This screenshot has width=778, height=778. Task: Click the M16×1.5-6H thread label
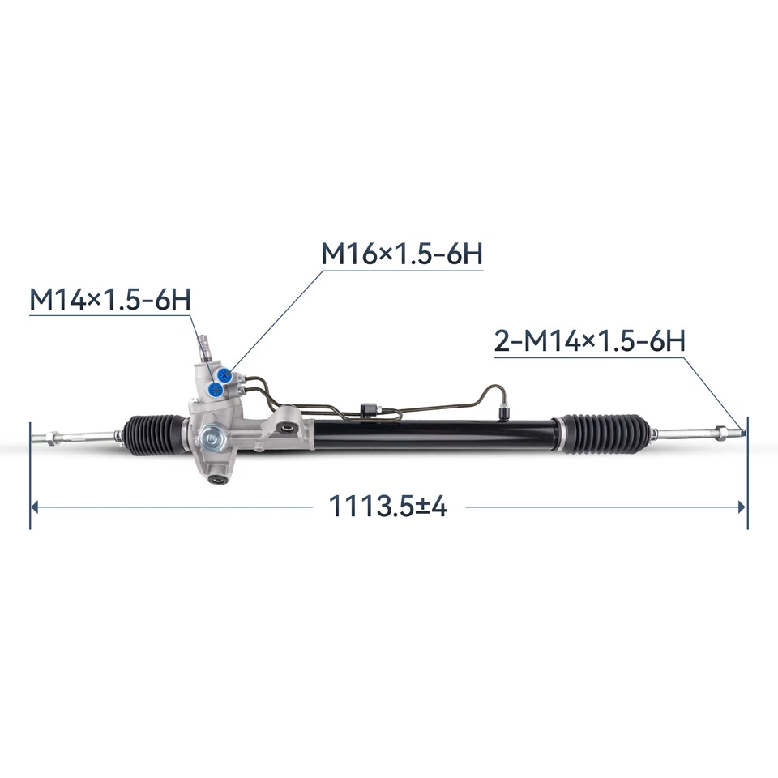coord(402,254)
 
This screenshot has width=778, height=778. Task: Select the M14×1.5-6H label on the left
coord(110,299)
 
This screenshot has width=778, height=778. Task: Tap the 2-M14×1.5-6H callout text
coord(590,341)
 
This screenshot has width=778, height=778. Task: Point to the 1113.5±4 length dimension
coord(387,507)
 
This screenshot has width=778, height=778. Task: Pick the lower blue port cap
coord(214,389)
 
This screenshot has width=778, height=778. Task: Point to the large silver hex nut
coord(216,437)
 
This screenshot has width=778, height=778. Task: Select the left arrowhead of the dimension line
coord(35,507)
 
